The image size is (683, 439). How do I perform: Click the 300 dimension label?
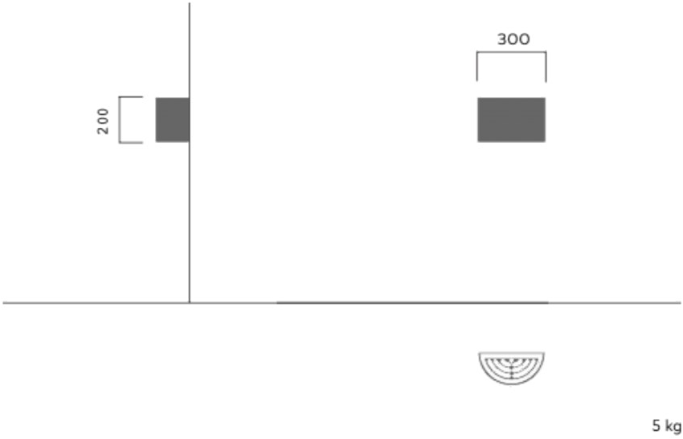(513, 39)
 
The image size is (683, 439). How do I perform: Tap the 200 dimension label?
(103, 121)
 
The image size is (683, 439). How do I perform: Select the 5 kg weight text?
(666, 425)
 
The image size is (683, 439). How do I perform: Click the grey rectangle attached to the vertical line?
(173, 120)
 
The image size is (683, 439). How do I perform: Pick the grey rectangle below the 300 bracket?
(511, 120)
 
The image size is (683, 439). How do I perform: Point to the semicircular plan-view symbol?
(511, 368)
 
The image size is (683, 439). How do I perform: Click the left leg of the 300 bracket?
(477, 66)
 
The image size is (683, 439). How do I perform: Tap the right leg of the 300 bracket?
(546, 66)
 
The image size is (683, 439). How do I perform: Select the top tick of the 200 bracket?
(131, 96)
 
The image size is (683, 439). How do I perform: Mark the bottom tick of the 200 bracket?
(131, 142)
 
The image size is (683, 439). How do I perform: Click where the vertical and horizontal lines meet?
(190, 302)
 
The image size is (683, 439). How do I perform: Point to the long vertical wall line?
(190, 153)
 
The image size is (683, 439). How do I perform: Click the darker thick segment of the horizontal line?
(412, 302)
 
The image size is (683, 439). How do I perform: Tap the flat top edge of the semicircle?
(511, 352)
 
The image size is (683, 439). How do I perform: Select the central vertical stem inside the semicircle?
(511, 371)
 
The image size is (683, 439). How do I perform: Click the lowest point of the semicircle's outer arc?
(511, 384)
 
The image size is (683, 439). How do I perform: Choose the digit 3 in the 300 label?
(502, 39)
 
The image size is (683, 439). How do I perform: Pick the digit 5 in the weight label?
(656, 425)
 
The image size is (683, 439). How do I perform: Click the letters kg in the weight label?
(673, 426)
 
